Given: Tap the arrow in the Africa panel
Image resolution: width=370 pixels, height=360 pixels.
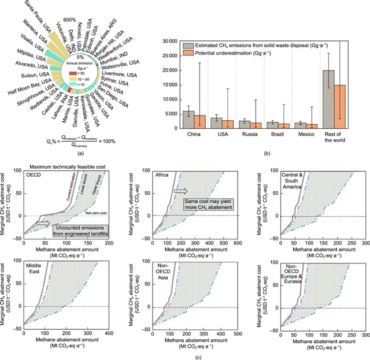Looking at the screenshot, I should click(180, 191).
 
